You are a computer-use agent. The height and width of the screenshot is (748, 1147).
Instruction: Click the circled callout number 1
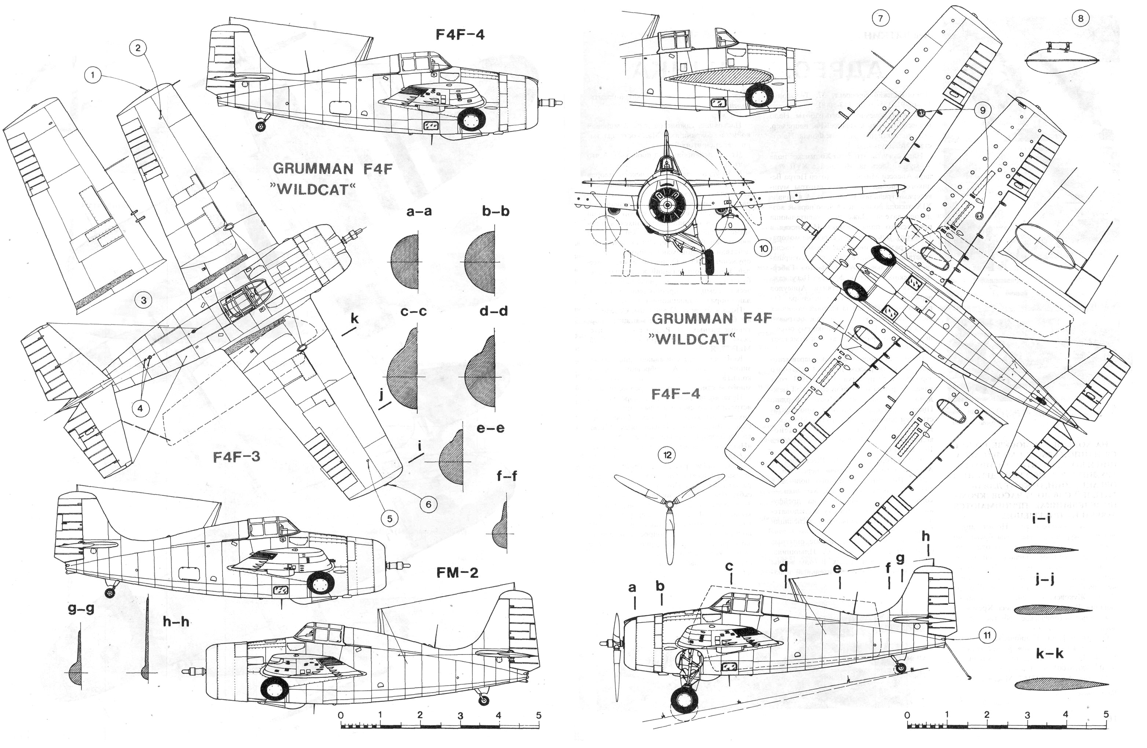tap(93, 75)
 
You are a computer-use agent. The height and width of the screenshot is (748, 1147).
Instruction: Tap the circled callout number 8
tap(1081, 19)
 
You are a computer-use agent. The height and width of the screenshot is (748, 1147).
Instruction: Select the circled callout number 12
tap(667, 455)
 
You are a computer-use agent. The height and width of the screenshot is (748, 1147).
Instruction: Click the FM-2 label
tap(457, 573)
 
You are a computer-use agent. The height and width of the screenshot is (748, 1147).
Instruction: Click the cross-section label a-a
tap(419, 211)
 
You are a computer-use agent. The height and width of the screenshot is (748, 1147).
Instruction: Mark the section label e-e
tap(490, 428)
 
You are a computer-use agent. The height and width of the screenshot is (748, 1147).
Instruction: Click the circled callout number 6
tap(428, 505)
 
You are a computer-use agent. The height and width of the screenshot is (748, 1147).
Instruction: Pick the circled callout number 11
tap(986, 635)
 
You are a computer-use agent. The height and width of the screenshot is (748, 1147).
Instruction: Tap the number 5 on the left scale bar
tap(538, 715)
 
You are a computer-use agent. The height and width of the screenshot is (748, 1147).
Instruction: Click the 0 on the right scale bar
tap(907, 715)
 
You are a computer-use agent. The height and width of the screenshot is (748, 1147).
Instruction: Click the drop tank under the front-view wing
tap(730, 229)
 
